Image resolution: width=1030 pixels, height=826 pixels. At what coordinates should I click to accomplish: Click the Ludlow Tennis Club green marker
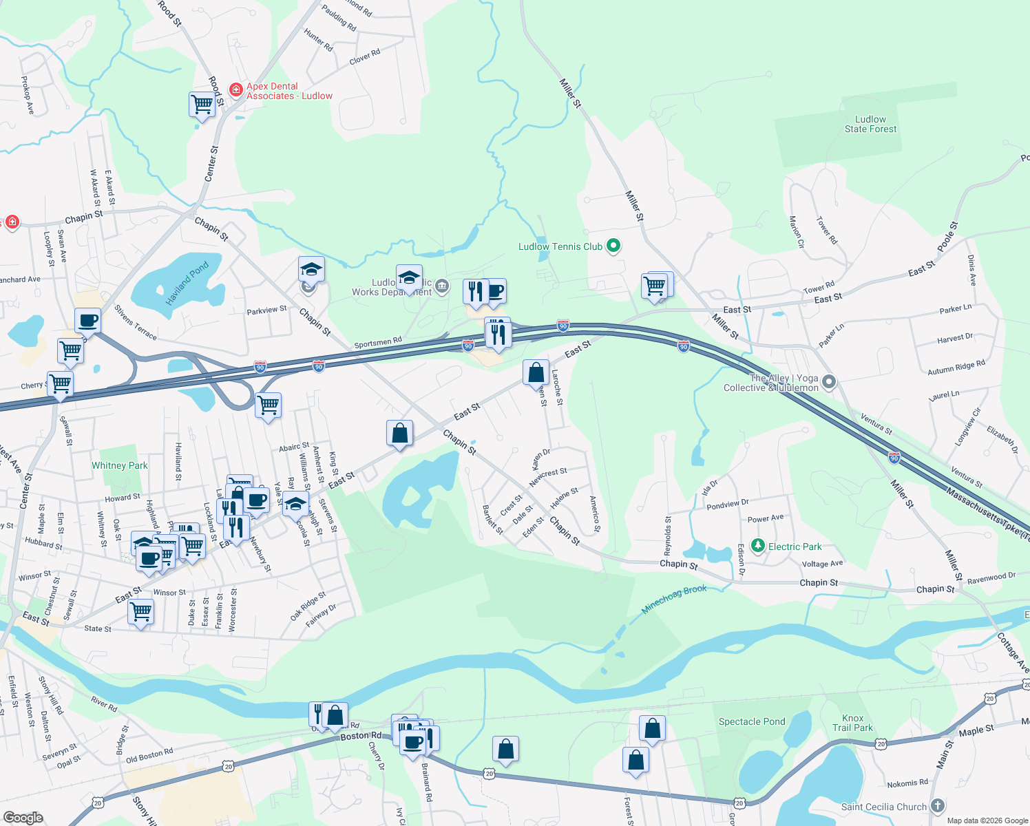pos(613,246)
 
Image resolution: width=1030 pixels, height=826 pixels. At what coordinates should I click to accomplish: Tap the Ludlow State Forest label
pos(870,124)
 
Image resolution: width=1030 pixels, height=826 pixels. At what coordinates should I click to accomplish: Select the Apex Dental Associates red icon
pos(235,89)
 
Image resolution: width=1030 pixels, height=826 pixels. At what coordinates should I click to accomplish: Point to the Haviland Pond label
pos(187,284)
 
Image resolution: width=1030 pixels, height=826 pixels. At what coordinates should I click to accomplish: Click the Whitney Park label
pos(120,465)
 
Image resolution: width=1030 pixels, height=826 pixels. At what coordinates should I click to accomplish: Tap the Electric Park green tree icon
pos(758,546)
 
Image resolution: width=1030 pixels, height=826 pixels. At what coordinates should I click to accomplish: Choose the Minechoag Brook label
pos(674,600)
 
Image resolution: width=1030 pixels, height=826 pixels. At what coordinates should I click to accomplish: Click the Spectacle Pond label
pos(752,721)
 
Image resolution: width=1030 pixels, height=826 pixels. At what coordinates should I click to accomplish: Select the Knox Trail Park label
pos(852,723)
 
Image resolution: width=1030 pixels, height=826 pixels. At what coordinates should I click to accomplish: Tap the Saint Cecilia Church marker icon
pos(937,806)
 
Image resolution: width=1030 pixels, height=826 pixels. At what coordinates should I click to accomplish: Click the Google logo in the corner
pos(23,818)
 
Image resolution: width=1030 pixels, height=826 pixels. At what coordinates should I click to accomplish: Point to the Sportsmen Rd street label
pos(378,342)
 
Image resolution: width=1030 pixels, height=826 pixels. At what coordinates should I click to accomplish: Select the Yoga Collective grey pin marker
pos(829,381)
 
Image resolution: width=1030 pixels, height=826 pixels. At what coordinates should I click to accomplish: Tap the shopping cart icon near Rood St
pos(202,105)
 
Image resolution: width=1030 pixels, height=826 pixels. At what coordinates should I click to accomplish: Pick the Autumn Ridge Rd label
pos(956,368)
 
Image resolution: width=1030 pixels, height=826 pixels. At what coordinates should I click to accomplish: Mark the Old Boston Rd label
pos(149,756)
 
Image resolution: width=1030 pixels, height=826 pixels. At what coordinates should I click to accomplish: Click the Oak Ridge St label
pos(308,606)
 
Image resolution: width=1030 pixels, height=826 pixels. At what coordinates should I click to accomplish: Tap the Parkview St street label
pos(266,311)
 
